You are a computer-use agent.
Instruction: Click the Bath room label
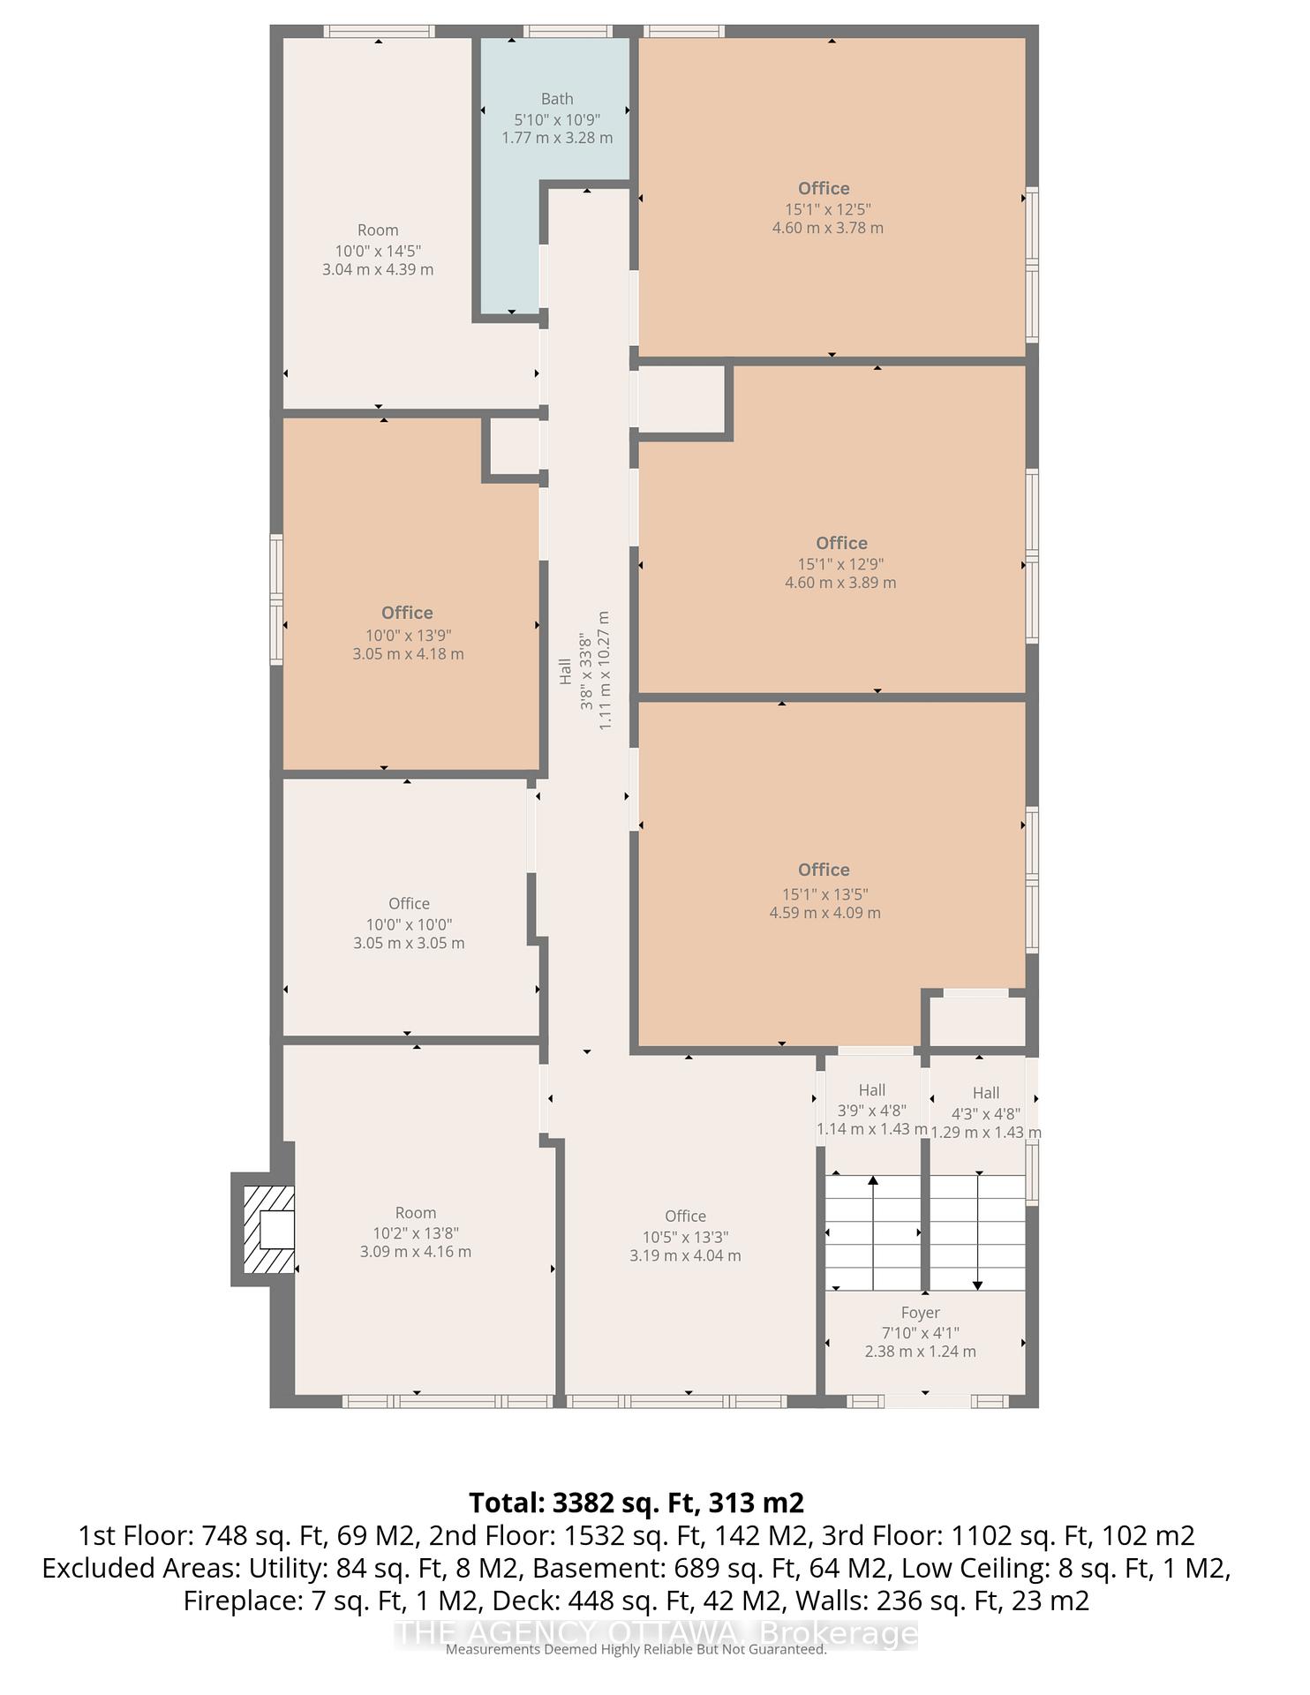[557, 99]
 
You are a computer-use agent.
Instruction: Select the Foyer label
[920, 1313]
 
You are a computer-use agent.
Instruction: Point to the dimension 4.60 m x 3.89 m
[840, 583]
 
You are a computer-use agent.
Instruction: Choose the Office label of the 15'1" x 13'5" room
[824, 870]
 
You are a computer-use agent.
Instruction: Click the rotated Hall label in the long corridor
[565, 671]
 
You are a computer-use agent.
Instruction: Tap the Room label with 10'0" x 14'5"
[378, 230]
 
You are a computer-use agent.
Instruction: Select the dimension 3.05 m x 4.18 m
[408, 654]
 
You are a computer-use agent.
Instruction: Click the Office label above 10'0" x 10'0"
[409, 903]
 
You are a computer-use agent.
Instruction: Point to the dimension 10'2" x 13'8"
[416, 1233]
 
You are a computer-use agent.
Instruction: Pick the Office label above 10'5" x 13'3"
[685, 1216]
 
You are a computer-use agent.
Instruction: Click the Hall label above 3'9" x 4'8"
[872, 1090]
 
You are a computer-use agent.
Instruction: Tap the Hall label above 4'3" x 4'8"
[986, 1093]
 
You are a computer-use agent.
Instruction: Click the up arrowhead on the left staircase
[873, 1180]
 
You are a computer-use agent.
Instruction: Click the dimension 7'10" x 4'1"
[920, 1332]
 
